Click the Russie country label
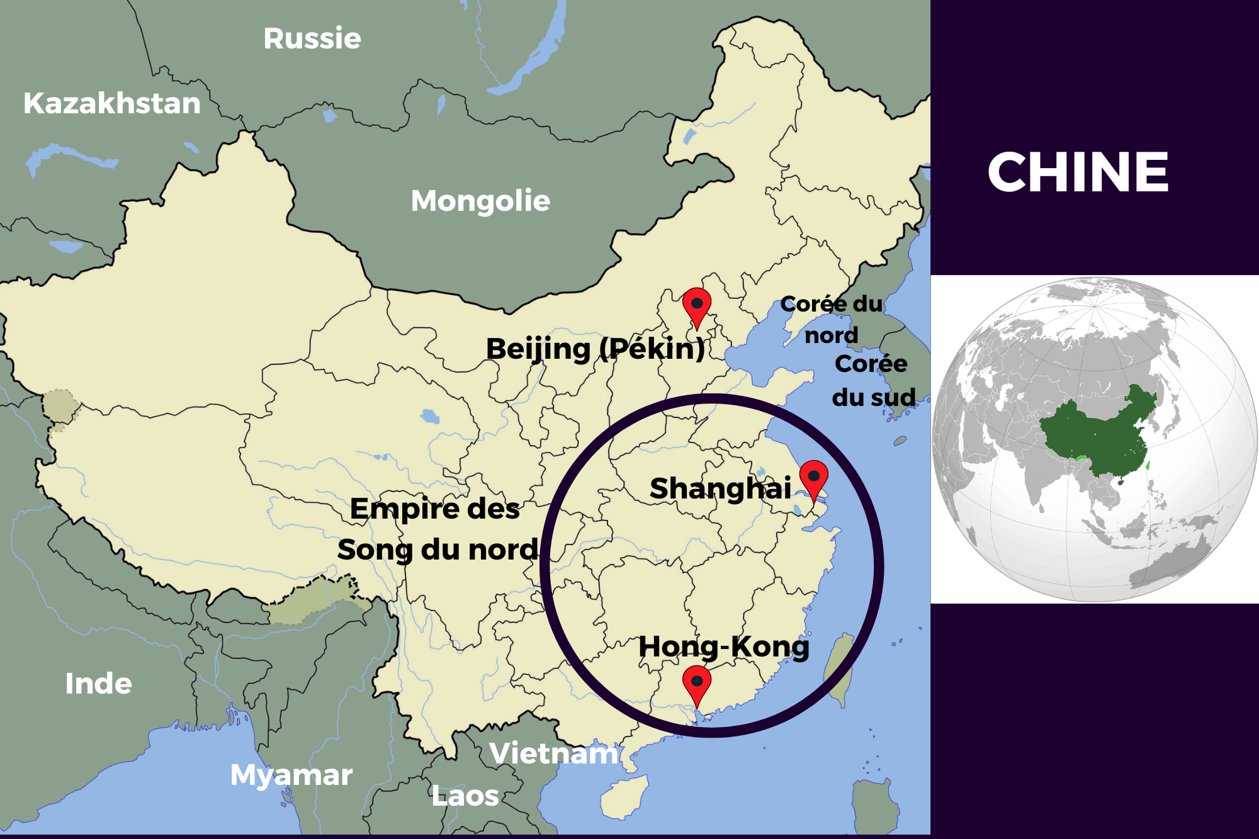[312, 39]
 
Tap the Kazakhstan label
[112, 103]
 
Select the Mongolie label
[480, 201]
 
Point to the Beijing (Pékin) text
[596, 349]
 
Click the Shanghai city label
[720, 488]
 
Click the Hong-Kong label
[724, 647]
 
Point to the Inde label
[98, 684]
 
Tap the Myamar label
[291, 775]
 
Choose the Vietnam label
[554, 753]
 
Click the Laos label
[465, 796]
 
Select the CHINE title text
[1078, 172]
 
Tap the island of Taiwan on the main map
[841, 670]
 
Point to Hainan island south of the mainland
[623, 796]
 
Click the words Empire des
[435, 509]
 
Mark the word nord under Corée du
[831, 335]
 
